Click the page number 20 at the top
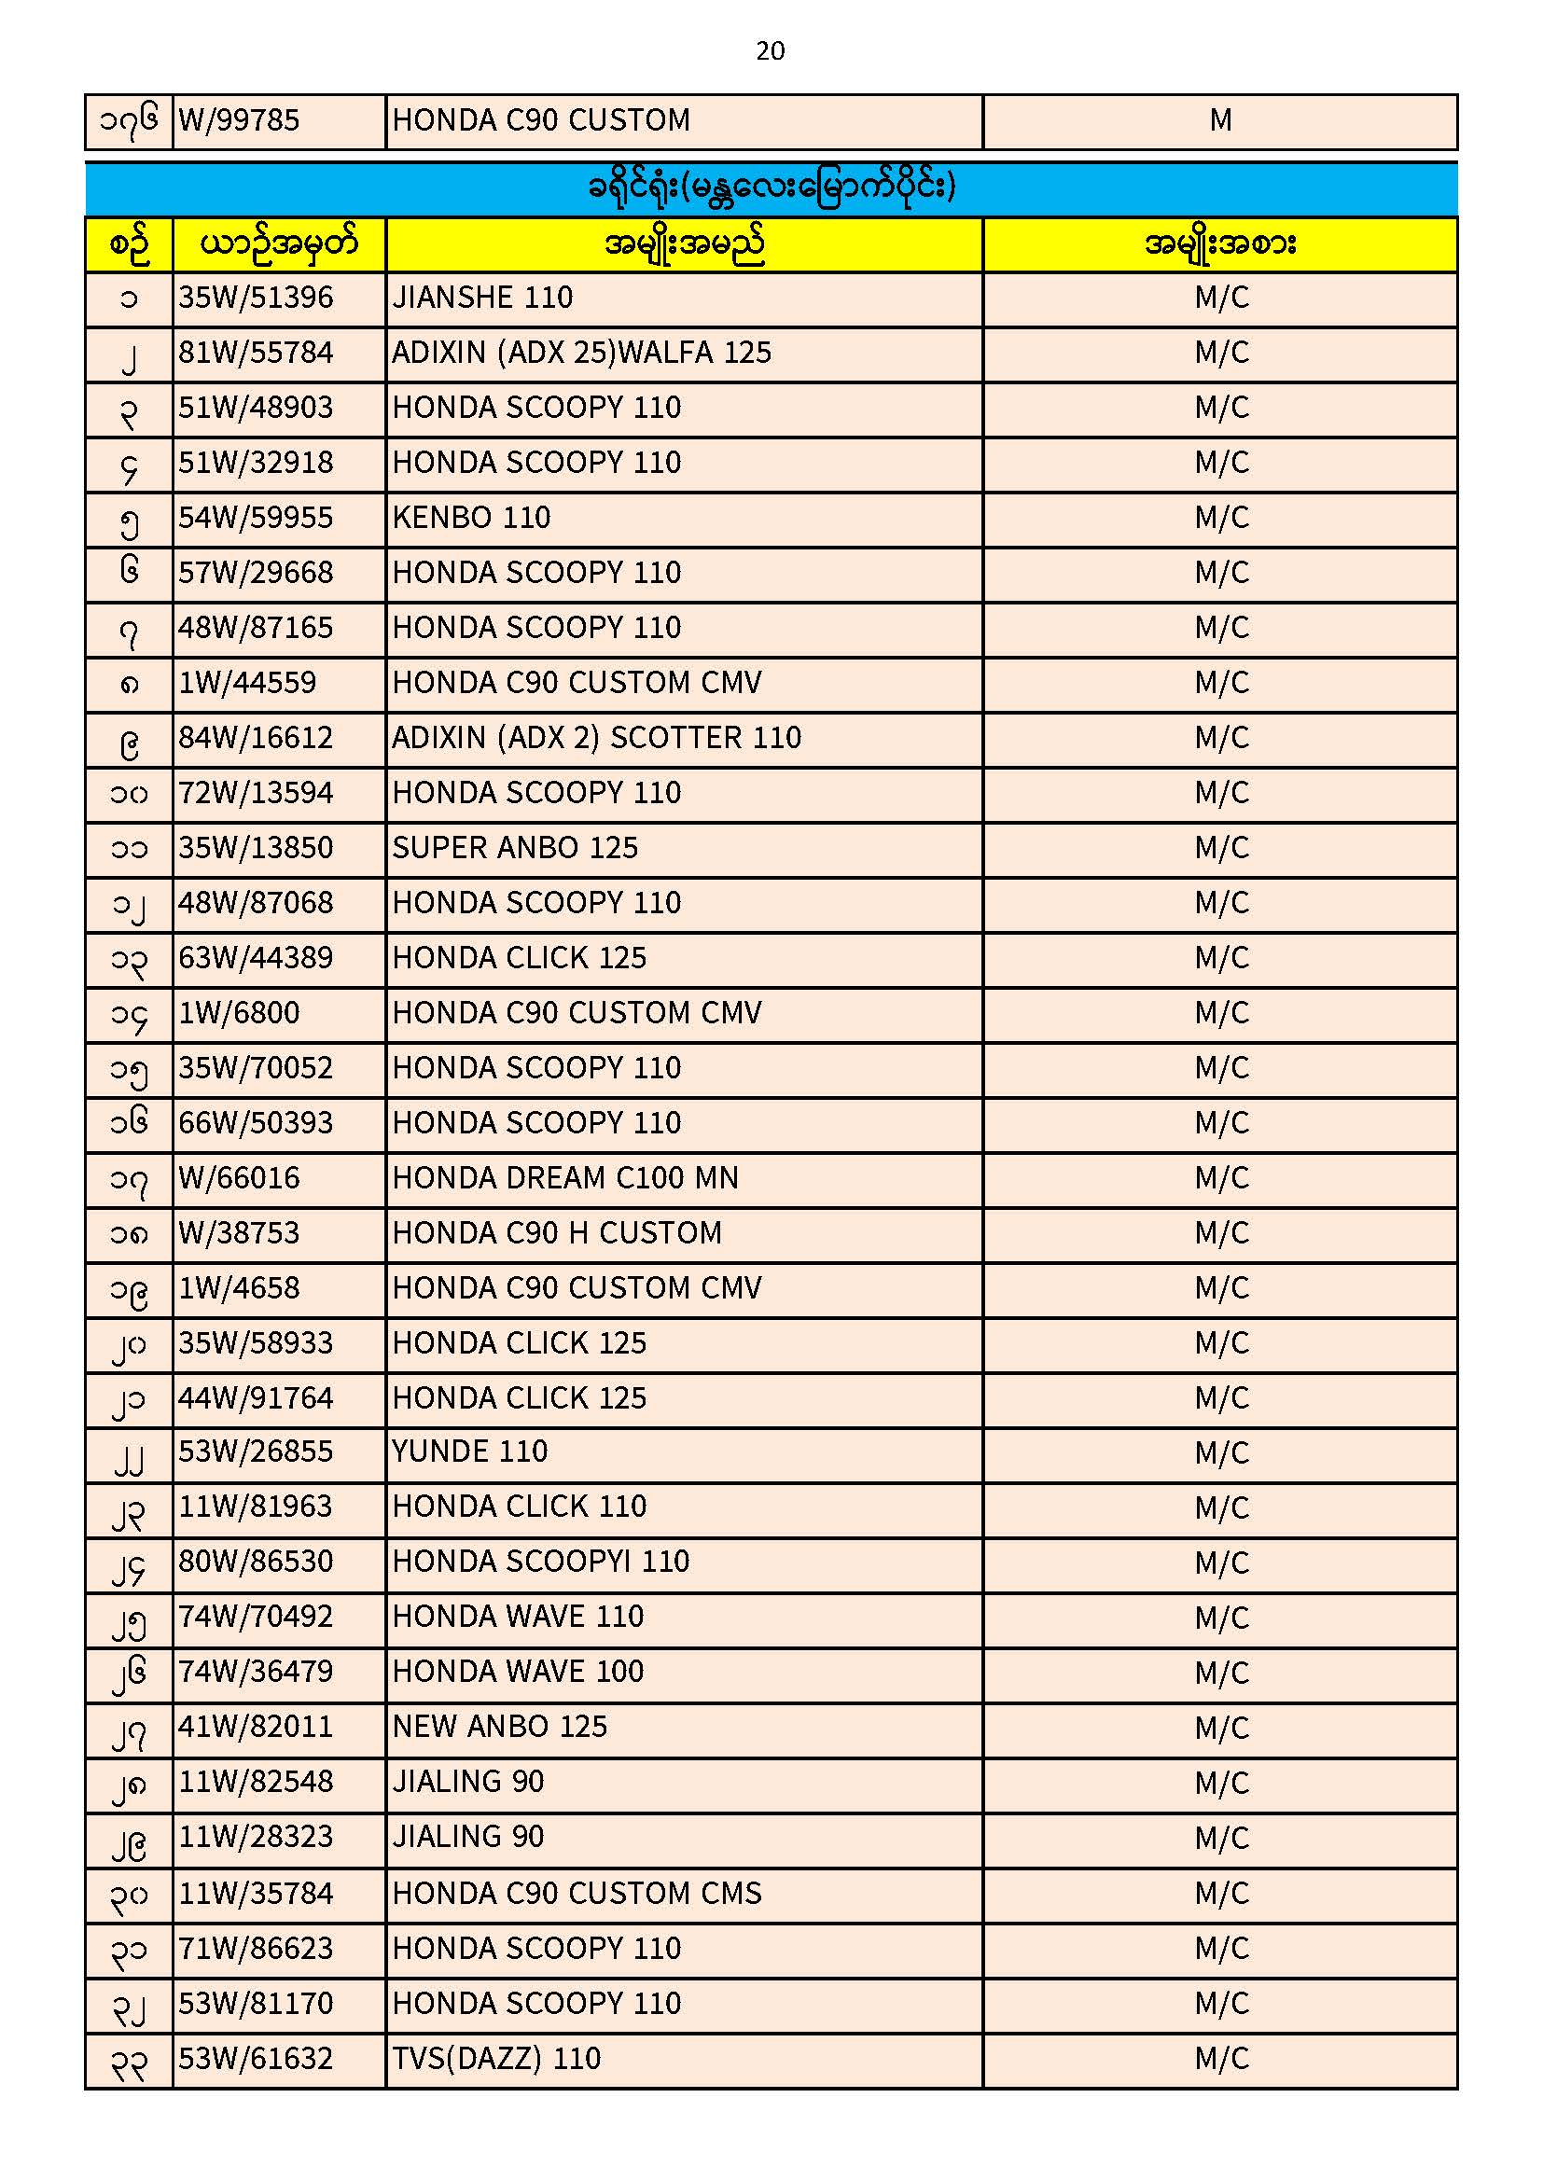click(771, 50)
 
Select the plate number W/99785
click(240, 120)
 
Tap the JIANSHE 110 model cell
click(482, 299)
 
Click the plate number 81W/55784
click(256, 354)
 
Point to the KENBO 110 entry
click(471, 518)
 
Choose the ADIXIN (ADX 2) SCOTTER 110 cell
click(597, 738)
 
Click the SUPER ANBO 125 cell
click(515, 848)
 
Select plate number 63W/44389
click(256, 958)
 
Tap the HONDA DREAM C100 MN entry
click(565, 1179)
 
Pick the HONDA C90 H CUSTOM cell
click(557, 1234)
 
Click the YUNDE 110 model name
click(470, 1452)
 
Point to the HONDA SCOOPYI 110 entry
click(541, 1562)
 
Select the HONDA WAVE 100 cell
click(518, 1672)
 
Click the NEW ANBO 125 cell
click(500, 1727)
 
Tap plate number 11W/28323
click(256, 1837)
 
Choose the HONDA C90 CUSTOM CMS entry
click(577, 1893)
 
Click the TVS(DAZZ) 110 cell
click(497, 2059)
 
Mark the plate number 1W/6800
click(240, 1014)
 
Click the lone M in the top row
click(1220, 120)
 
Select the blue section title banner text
click(771, 188)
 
